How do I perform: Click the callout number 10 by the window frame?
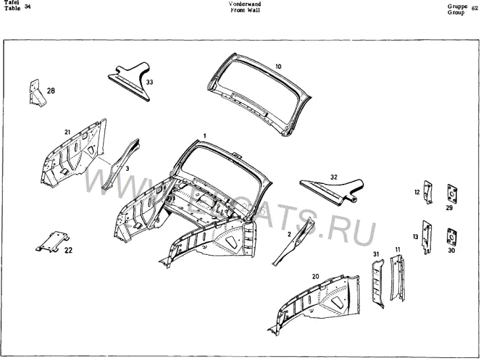point(278,66)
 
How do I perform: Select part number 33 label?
point(149,82)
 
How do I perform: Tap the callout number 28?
point(51,91)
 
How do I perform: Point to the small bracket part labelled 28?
point(37,93)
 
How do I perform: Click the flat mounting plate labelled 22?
point(53,242)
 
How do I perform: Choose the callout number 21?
point(68,132)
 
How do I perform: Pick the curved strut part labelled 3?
point(121,164)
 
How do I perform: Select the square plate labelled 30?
point(451,236)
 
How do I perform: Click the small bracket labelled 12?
point(428,192)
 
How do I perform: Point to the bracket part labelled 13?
point(427,237)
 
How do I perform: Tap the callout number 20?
point(315,277)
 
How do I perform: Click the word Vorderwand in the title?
point(245,4)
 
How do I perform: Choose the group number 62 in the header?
point(474,9)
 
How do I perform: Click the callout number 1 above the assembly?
point(204,135)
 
